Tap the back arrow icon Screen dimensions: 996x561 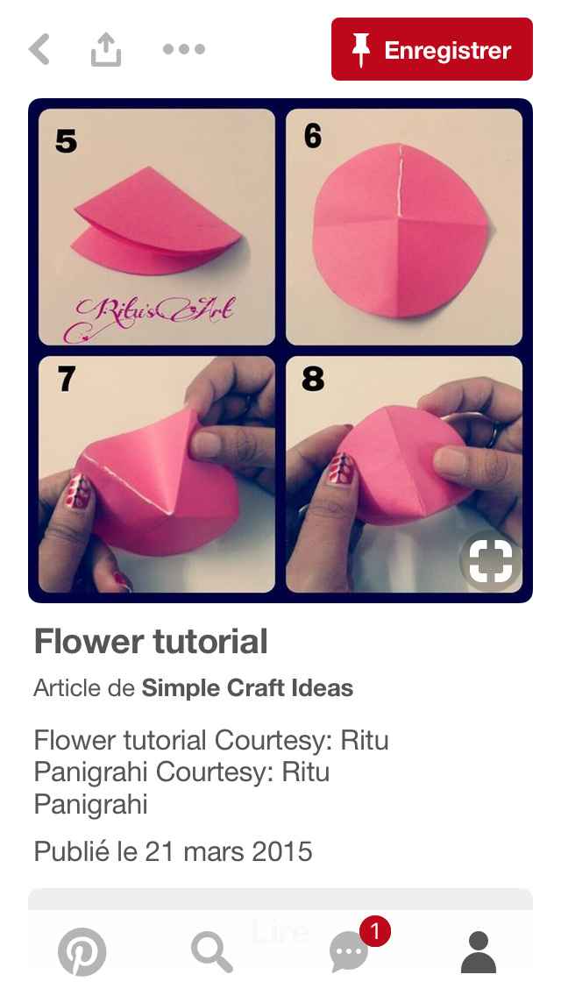[x=39, y=50]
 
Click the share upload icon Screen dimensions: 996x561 [x=105, y=50]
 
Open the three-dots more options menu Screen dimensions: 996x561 [x=184, y=50]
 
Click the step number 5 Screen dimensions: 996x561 [x=66, y=140]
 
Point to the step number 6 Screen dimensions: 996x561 [x=313, y=137]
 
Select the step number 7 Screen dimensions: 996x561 [x=66, y=379]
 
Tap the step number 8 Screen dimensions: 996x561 [x=313, y=379]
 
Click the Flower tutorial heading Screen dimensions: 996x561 [x=151, y=642]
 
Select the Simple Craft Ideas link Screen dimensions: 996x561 [x=247, y=688]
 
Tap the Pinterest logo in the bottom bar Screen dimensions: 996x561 [x=82, y=952]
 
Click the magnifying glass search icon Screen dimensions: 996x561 [x=212, y=952]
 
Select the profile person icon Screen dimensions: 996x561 [x=479, y=952]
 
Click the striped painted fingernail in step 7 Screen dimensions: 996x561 [x=79, y=492]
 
